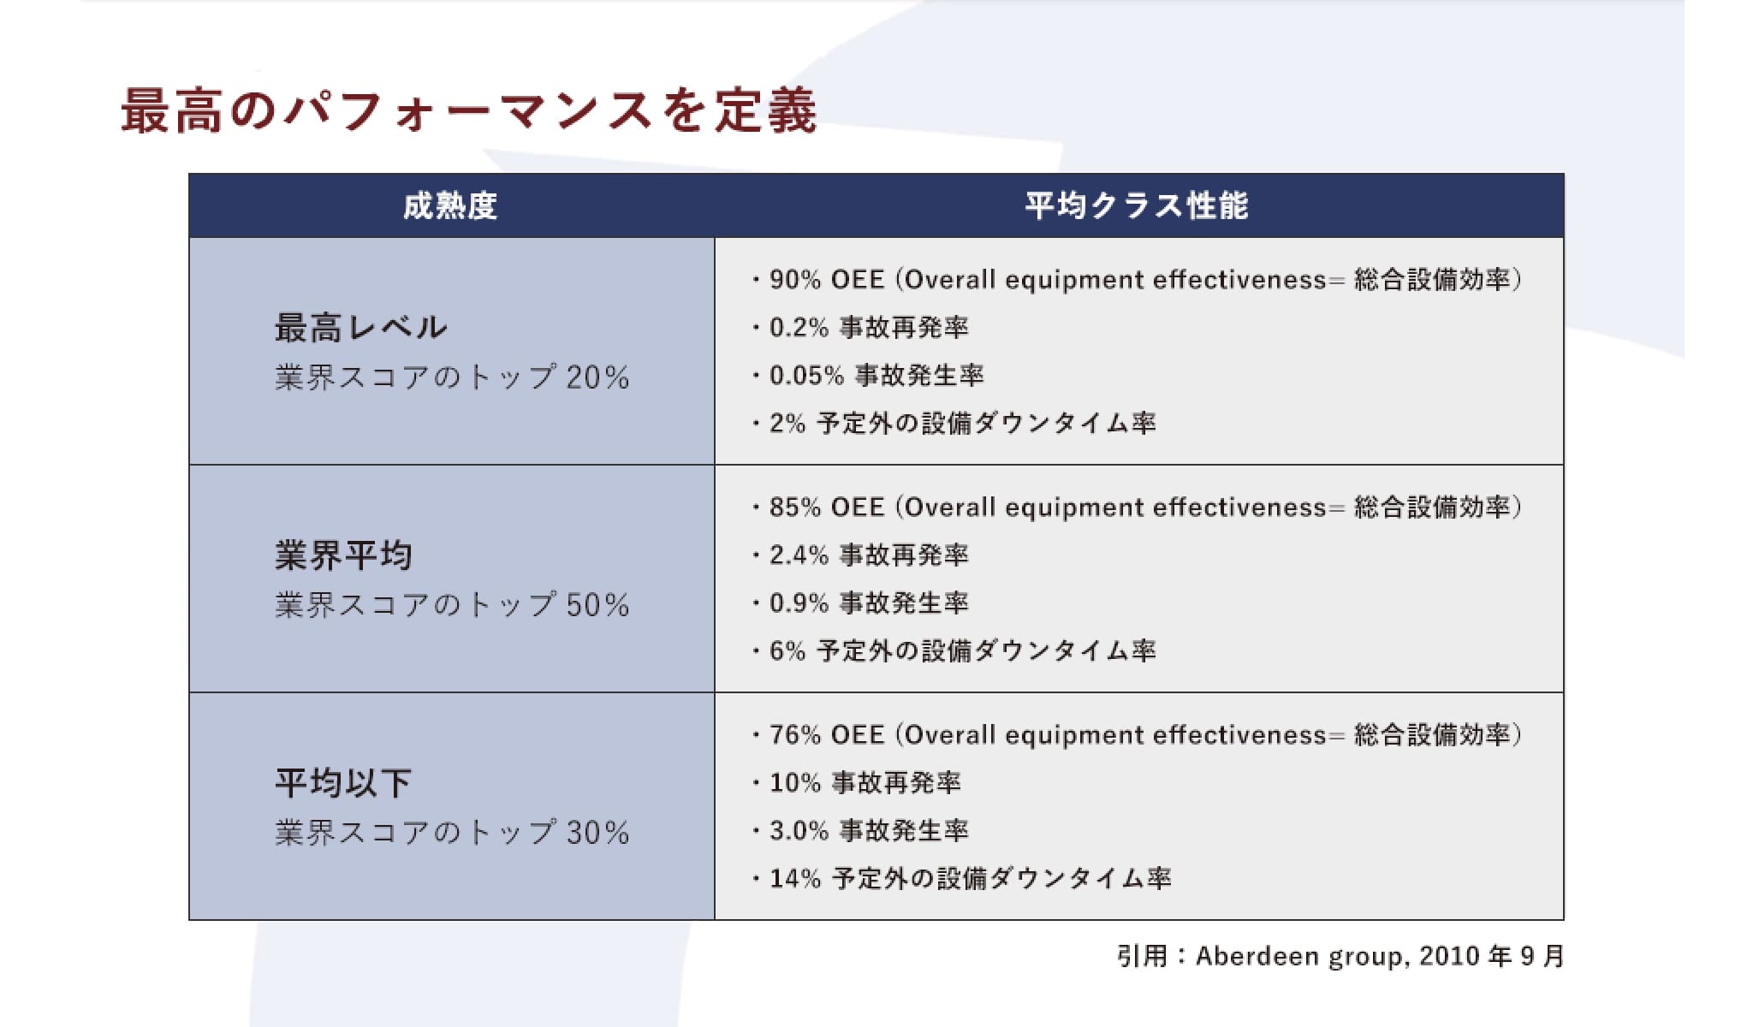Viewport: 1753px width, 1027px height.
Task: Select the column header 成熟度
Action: [x=450, y=206]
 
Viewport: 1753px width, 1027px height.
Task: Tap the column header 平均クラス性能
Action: [x=1138, y=206]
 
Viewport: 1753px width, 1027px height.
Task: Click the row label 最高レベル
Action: [x=360, y=328]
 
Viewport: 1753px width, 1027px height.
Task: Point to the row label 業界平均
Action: [x=343, y=555]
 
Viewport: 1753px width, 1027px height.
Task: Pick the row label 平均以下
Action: [x=343, y=783]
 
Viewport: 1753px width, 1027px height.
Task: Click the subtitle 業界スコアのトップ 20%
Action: [x=452, y=377]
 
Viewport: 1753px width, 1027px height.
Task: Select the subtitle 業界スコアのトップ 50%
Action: [x=452, y=605]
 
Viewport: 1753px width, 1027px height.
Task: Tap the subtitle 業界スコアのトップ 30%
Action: [x=452, y=833]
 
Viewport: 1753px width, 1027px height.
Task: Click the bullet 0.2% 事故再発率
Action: [x=860, y=328]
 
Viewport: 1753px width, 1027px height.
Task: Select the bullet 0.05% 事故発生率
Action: [x=868, y=376]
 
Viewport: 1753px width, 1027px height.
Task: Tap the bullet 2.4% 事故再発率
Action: [x=860, y=555]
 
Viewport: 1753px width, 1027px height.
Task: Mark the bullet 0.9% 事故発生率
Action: [x=860, y=603]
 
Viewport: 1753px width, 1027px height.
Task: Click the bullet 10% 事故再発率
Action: [x=857, y=783]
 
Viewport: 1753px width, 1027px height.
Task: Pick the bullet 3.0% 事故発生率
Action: [x=860, y=831]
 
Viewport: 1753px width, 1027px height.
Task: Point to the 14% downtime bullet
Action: [x=962, y=879]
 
